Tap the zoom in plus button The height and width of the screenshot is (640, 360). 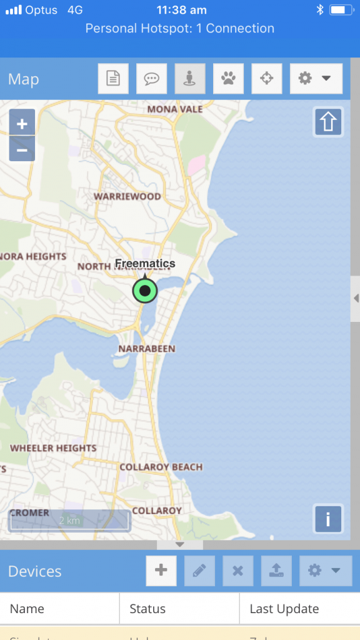22,124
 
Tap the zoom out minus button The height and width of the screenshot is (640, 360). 22,150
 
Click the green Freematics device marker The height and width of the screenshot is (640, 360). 145,291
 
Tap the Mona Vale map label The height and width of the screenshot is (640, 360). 175,109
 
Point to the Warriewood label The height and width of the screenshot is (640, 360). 127,196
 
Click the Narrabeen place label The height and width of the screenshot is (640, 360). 147,348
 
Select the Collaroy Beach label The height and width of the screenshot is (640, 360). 161,467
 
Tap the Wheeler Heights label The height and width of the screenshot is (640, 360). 53,448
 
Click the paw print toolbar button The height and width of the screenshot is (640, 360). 228,79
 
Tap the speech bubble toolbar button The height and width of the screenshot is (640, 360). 151,79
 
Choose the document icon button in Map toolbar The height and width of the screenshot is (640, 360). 113,79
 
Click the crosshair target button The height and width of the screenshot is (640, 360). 266,79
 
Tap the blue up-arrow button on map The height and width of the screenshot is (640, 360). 328,122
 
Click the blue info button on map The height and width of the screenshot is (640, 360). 328,518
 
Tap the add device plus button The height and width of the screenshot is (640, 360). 161,571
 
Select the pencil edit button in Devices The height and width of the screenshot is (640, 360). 199,571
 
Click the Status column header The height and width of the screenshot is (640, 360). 147,609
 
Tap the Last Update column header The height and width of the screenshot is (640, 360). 284,609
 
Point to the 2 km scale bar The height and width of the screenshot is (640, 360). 69,521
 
